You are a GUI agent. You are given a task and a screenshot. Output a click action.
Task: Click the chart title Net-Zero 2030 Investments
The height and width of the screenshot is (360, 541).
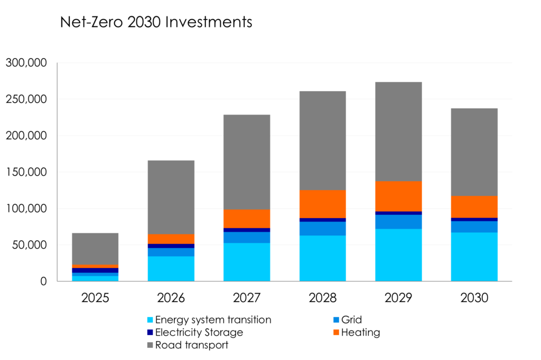(156, 23)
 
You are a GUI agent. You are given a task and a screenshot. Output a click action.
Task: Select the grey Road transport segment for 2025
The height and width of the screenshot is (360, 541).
(95, 249)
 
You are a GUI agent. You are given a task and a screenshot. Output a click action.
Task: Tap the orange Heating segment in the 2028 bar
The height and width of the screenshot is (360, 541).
(322, 204)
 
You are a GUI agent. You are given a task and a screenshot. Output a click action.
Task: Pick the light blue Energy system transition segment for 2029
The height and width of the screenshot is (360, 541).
(398, 254)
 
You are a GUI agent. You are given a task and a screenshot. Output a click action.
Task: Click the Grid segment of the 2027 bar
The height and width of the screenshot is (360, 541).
(247, 237)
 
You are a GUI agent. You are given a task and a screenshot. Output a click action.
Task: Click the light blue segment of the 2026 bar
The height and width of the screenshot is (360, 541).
(171, 268)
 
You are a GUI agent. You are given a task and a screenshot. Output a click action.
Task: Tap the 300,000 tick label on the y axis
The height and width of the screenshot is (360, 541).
(26, 63)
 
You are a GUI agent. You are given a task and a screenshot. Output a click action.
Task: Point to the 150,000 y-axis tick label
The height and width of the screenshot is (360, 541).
(26, 172)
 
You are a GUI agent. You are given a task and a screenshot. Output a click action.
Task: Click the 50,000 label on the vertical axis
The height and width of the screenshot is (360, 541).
(30, 245)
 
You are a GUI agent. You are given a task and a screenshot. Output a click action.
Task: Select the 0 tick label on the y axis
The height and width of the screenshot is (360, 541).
(44, 281)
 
